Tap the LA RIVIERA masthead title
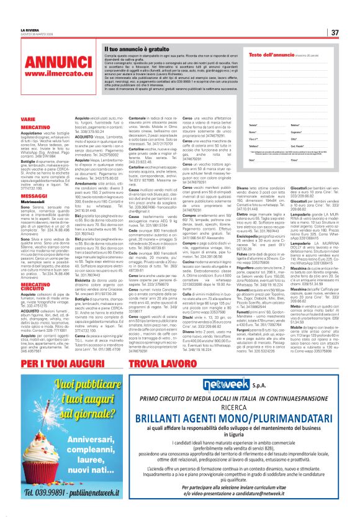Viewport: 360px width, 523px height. [30, 29]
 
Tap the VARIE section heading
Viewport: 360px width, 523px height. [28, 118]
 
